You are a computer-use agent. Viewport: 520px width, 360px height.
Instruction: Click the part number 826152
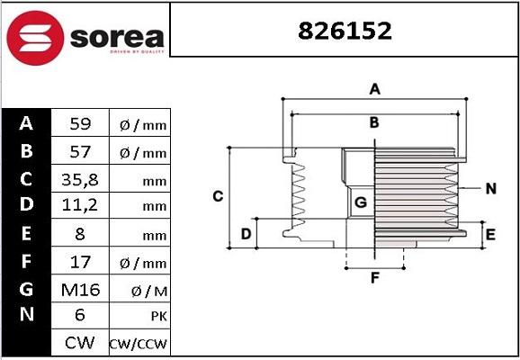point(345,31)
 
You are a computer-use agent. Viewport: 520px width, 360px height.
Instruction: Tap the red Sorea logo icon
point(34,36)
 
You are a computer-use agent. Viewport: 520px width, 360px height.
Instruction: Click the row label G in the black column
point(26,289)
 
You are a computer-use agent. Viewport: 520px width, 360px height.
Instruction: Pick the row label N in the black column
point(26,316)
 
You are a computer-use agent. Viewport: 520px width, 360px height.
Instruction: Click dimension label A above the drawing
point(374,88)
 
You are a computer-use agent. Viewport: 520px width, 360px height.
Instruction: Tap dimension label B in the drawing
point(374,122)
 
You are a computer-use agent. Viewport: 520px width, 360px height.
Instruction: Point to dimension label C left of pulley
point(217,195)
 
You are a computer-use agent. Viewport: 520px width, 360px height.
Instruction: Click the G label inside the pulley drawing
point(360,203)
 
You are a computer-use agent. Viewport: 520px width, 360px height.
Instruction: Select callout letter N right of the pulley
point(490,188)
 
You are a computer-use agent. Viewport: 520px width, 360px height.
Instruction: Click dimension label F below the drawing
point(374,277)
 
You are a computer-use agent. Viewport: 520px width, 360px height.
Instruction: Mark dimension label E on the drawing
point(490,235)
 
